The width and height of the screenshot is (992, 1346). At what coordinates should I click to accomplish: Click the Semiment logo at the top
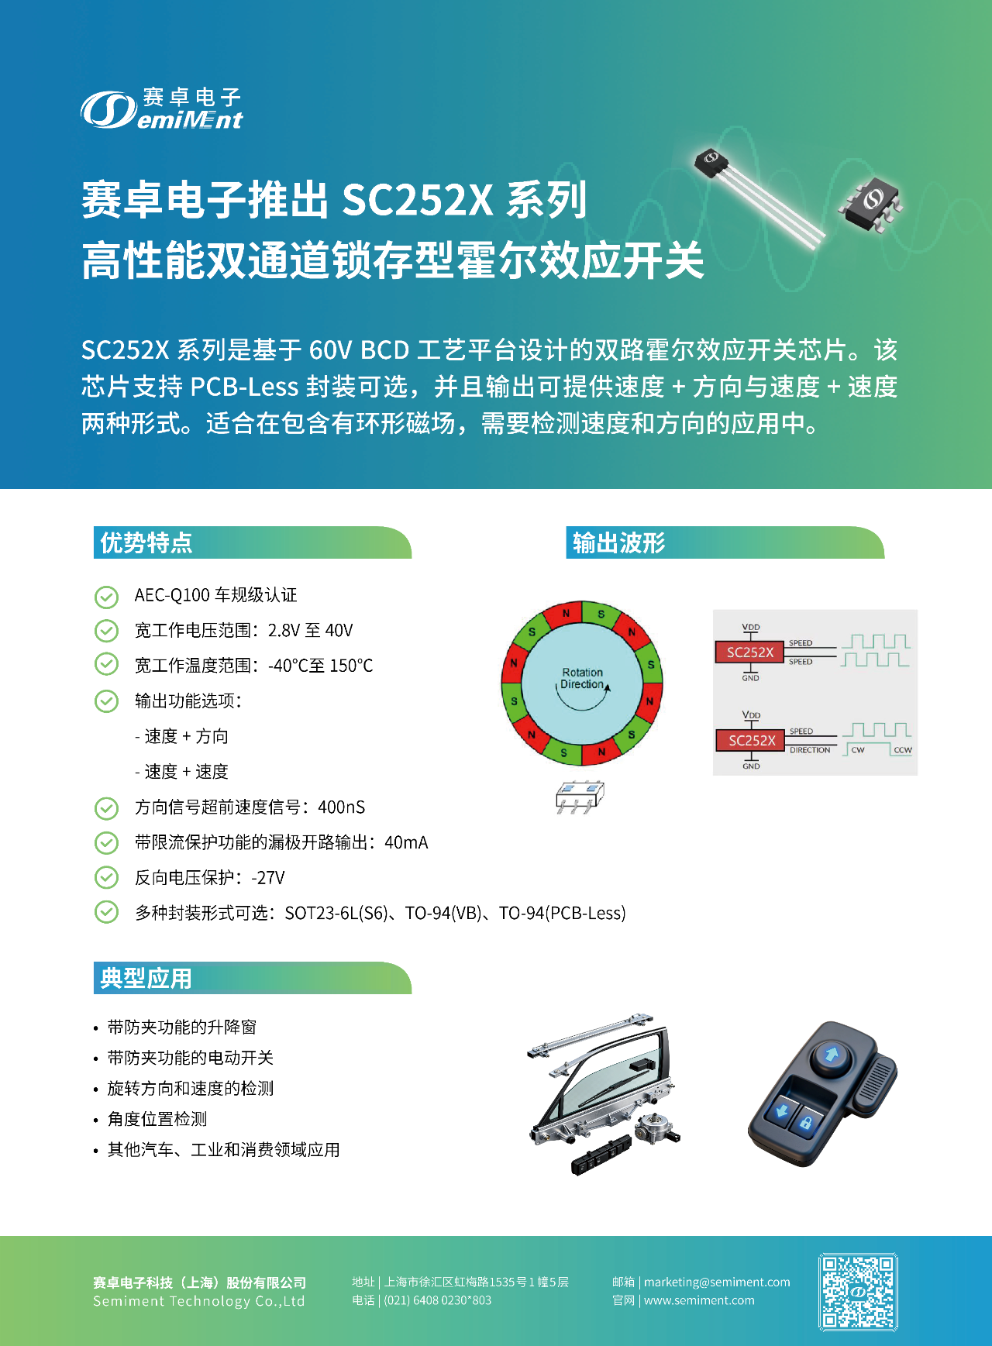162,109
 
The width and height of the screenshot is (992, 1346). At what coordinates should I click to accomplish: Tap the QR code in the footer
858,1292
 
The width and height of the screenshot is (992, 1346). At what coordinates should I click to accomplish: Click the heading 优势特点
146,542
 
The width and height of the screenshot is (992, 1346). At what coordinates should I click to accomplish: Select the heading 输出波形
618,542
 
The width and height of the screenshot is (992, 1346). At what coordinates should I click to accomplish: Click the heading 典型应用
146,978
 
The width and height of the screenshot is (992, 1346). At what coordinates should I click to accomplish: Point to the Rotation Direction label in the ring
582,678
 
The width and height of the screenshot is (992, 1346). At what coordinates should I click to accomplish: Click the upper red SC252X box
749,652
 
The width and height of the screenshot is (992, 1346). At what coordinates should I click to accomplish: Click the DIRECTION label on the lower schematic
809,750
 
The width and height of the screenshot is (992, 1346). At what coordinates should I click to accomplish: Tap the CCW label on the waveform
902,750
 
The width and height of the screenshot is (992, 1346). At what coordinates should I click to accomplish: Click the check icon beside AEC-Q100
106,597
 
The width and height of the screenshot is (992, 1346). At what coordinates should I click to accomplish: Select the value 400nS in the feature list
341,807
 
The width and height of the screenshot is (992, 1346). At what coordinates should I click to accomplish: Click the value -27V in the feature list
268,878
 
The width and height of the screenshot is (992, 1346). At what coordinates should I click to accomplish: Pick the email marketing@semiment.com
717,1282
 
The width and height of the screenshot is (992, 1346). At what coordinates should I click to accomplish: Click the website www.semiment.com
699,1300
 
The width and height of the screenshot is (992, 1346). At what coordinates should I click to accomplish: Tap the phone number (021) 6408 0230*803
437,1300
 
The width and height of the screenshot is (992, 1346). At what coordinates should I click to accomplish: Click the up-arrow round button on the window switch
832,1055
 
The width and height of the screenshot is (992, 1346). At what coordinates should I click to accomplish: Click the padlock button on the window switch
806,1123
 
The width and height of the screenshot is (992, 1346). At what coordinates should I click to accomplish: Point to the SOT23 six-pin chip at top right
873,201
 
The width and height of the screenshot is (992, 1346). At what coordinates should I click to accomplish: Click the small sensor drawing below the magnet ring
579,797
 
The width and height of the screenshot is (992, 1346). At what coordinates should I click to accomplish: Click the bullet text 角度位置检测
157,1119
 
